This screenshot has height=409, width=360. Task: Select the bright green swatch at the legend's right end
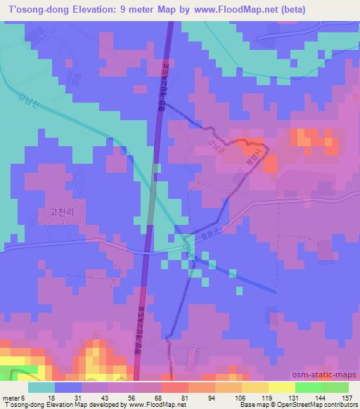(x=335, y=387)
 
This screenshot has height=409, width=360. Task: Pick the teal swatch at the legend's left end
(x=41, y=387)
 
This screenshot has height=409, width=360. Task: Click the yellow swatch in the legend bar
(x=255, y=387)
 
